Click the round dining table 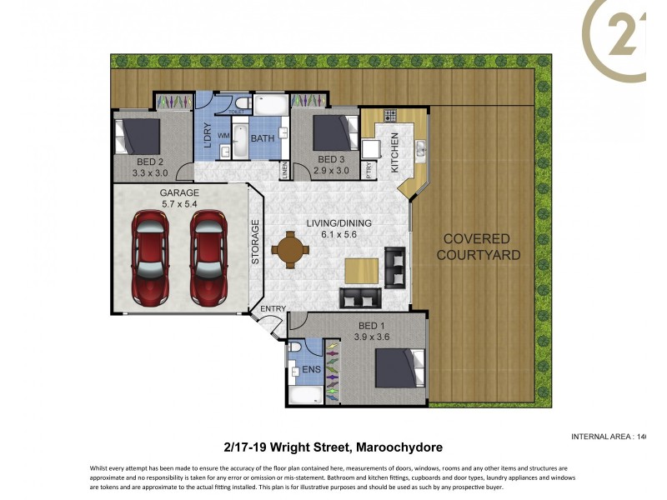tap(288, 250)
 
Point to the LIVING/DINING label tap(338, 223)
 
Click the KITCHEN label tap(395, 152)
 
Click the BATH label tap(263, 138)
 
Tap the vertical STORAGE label tap(256, 242)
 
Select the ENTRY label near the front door tap(273, 309)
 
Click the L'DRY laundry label tap(207, 136)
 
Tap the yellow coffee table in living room tap(362, 270)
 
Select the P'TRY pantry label tap(369, 169)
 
